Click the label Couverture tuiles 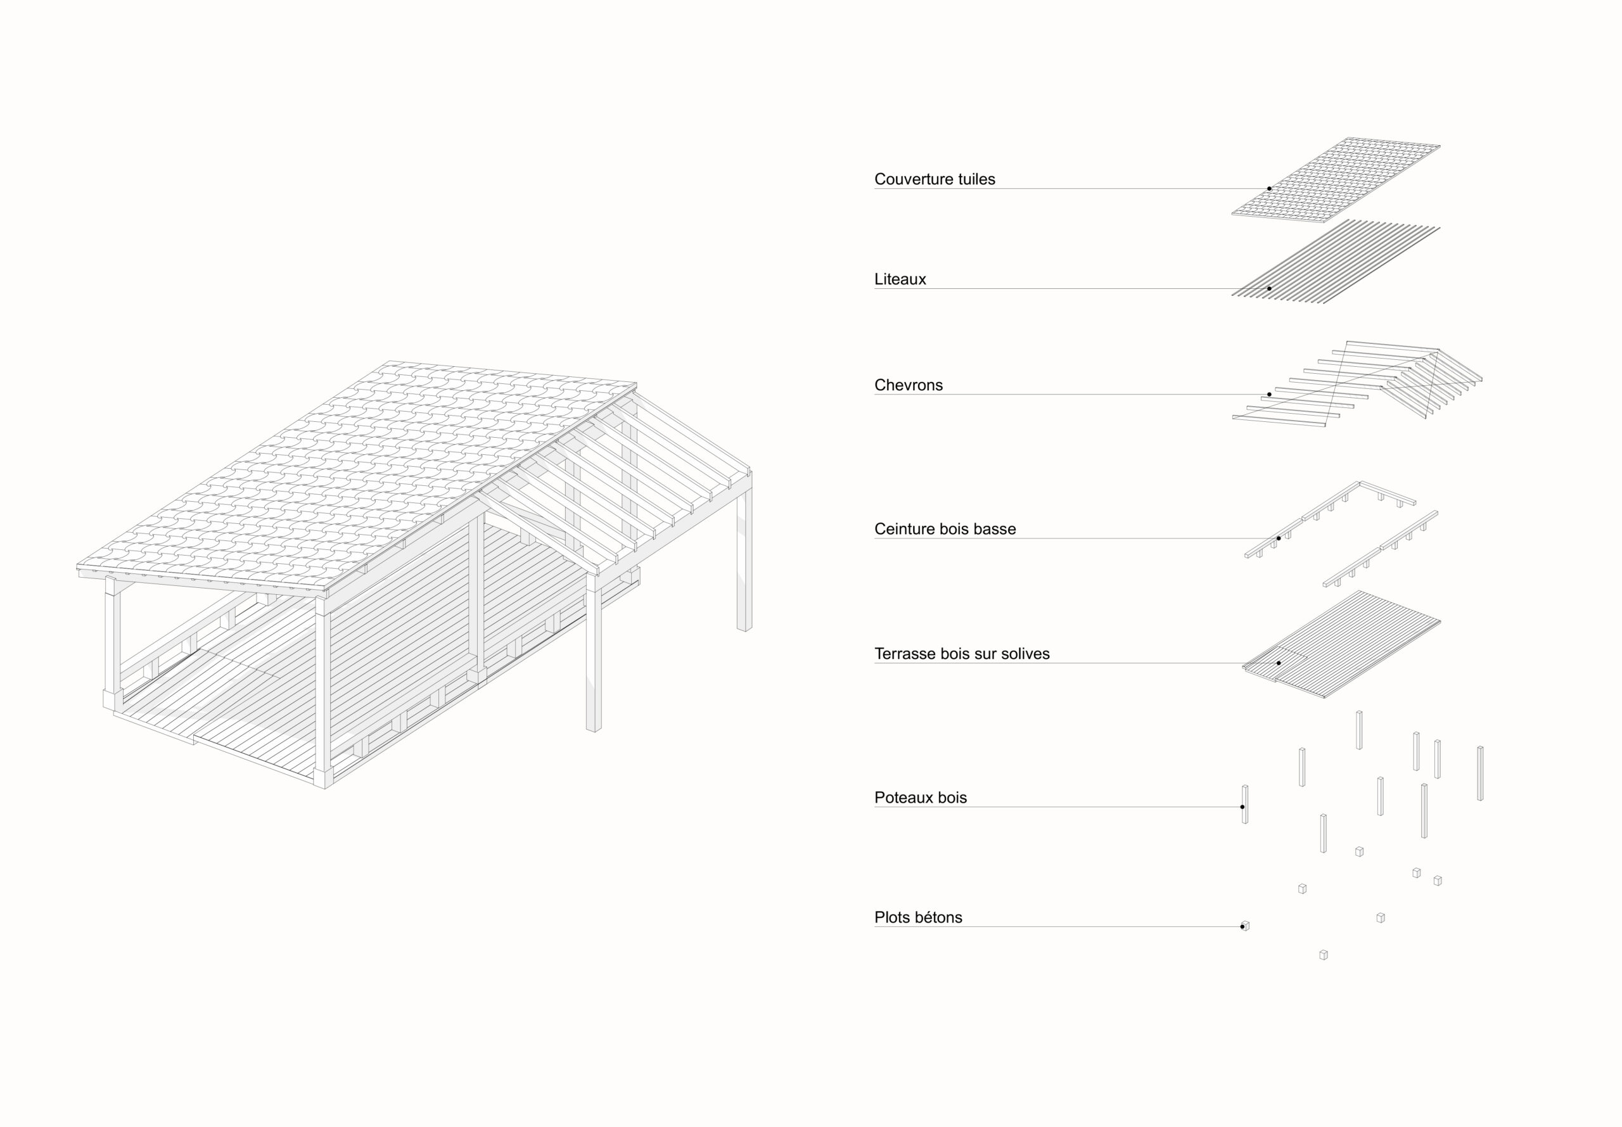pyautogui.click(x=934, y=179)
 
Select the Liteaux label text pyautogui.click(x=900, y=279)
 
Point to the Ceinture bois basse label pyautogui.click(x=945, y=530)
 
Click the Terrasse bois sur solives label pyautogui.click(x=962, y=654)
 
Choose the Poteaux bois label pyautogui.click(x=920, y=798)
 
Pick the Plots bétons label pyautogui.click(x=918, y=918)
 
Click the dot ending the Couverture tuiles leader pyautogui.click(x=1269, y=189)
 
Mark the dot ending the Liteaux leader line pyautogui.click(x=1269, y=289)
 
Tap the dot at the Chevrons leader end pyautogui.click(x=1269, y=395)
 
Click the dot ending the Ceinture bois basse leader pyautogui.click(x=1278, y=538)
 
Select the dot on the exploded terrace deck pyautogui.click(x=1278, y=664)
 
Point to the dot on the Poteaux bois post pyautogui.click(x=1242, y=807)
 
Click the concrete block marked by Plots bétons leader pyautogui.click(x=1245, y=926)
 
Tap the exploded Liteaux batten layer pyautogui.click(x=1342, y=261)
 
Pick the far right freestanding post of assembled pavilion pyautogui.click(x=744, y=558)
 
